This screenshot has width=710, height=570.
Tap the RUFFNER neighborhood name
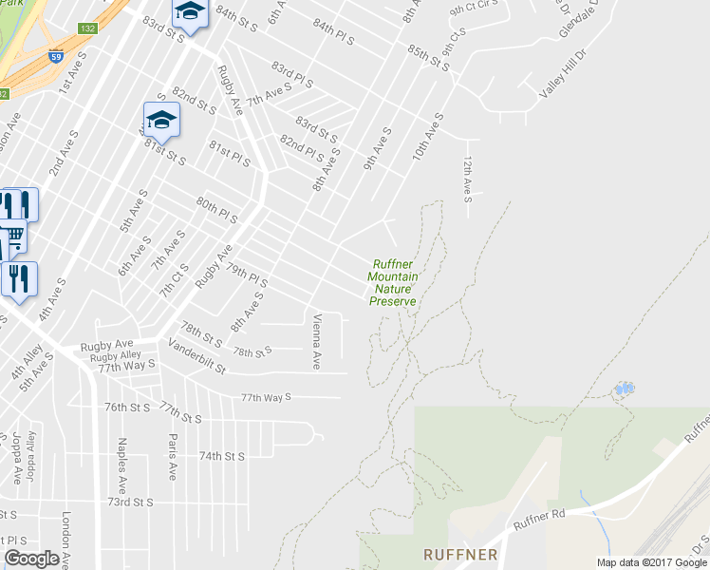(x=460, y=553)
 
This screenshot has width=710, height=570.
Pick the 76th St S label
(x=128, y=408)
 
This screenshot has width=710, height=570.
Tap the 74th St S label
(x=222, y=456)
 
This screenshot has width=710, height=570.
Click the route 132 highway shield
(x=87, y=29)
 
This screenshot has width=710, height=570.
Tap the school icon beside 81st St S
(x=161, y=121)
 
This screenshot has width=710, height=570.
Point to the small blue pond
(x=625, y=389)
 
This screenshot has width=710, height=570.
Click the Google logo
(x=31, y=559)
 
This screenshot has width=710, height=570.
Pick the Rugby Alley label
(x=116, y=355)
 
